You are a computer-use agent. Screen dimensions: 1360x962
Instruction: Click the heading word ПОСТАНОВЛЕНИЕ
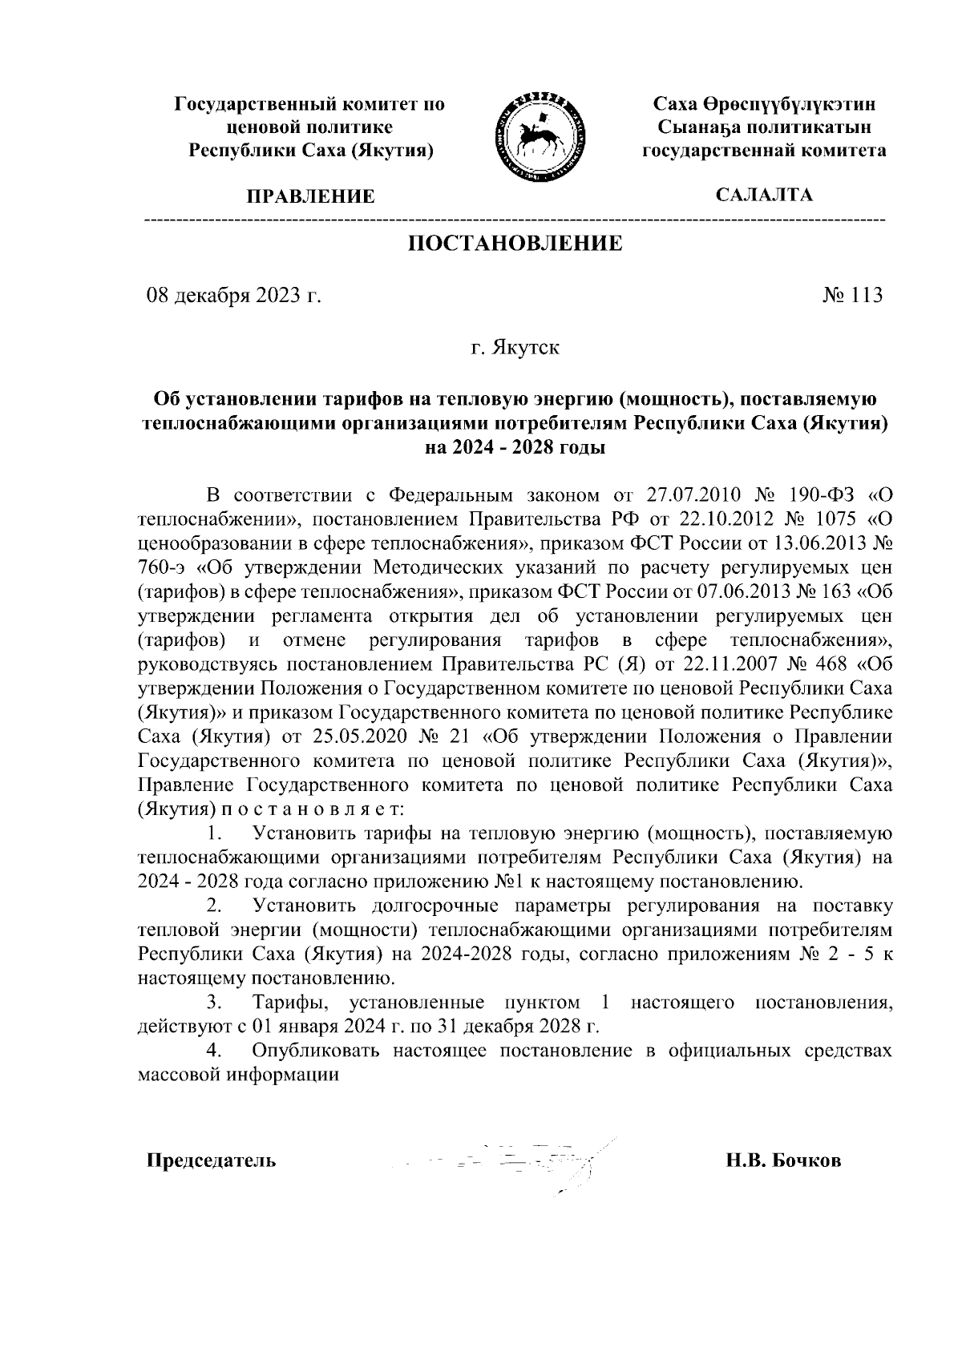(x=515, y=244)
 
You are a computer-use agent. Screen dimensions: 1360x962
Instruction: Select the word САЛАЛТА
(x=764, y=195)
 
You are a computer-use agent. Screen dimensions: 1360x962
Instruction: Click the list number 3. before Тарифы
(x=213, y=1003)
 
